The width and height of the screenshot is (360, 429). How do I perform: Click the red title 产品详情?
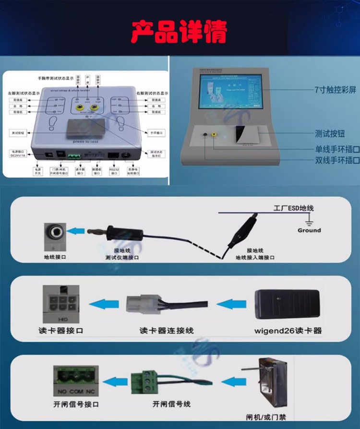click(x=180, y=32)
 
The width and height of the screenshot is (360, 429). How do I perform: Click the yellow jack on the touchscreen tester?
click(x=214, y=137)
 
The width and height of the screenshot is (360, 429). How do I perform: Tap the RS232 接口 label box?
click(x=114, y=171)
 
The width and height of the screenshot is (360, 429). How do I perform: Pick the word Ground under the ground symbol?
click(x=309, y=230)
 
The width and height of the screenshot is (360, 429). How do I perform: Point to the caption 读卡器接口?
click(x=61, y=331)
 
